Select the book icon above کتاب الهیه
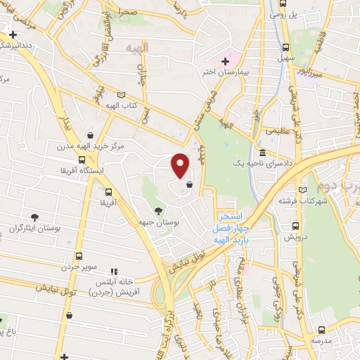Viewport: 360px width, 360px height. point(122,95)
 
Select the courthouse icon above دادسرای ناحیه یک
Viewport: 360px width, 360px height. point(262,153)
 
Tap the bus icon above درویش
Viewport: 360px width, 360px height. point(296,226)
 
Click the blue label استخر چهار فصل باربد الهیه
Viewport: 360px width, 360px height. point(231,228)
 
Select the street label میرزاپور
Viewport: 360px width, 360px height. point(307,72)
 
